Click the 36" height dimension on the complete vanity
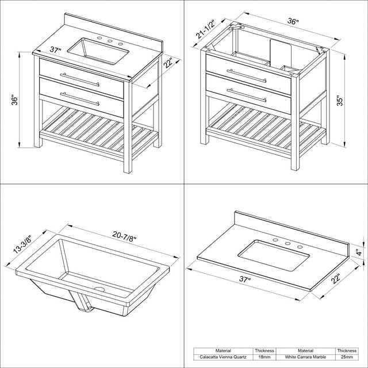(x=14, y=100)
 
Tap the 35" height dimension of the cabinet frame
(x=340, y=101)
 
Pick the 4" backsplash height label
(x=359, y=252)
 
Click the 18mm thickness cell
(x=264, y=357)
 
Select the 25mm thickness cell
(x=347, y=357)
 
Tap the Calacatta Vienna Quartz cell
(x=223, y=357)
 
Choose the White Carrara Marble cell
(x=305, y=357)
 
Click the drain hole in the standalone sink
(x=99, y=289)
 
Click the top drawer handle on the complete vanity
(x=80, y=80)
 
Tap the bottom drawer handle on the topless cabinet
(x=247, y=95)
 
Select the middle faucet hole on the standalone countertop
(x=287, y=244)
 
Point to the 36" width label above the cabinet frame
(x=293, y=21)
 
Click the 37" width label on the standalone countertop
(x=245, y=279)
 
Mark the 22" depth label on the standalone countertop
(x=336, y=278)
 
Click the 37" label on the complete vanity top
(x=55, y=50)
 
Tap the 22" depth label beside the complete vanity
(x=168, y=63)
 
